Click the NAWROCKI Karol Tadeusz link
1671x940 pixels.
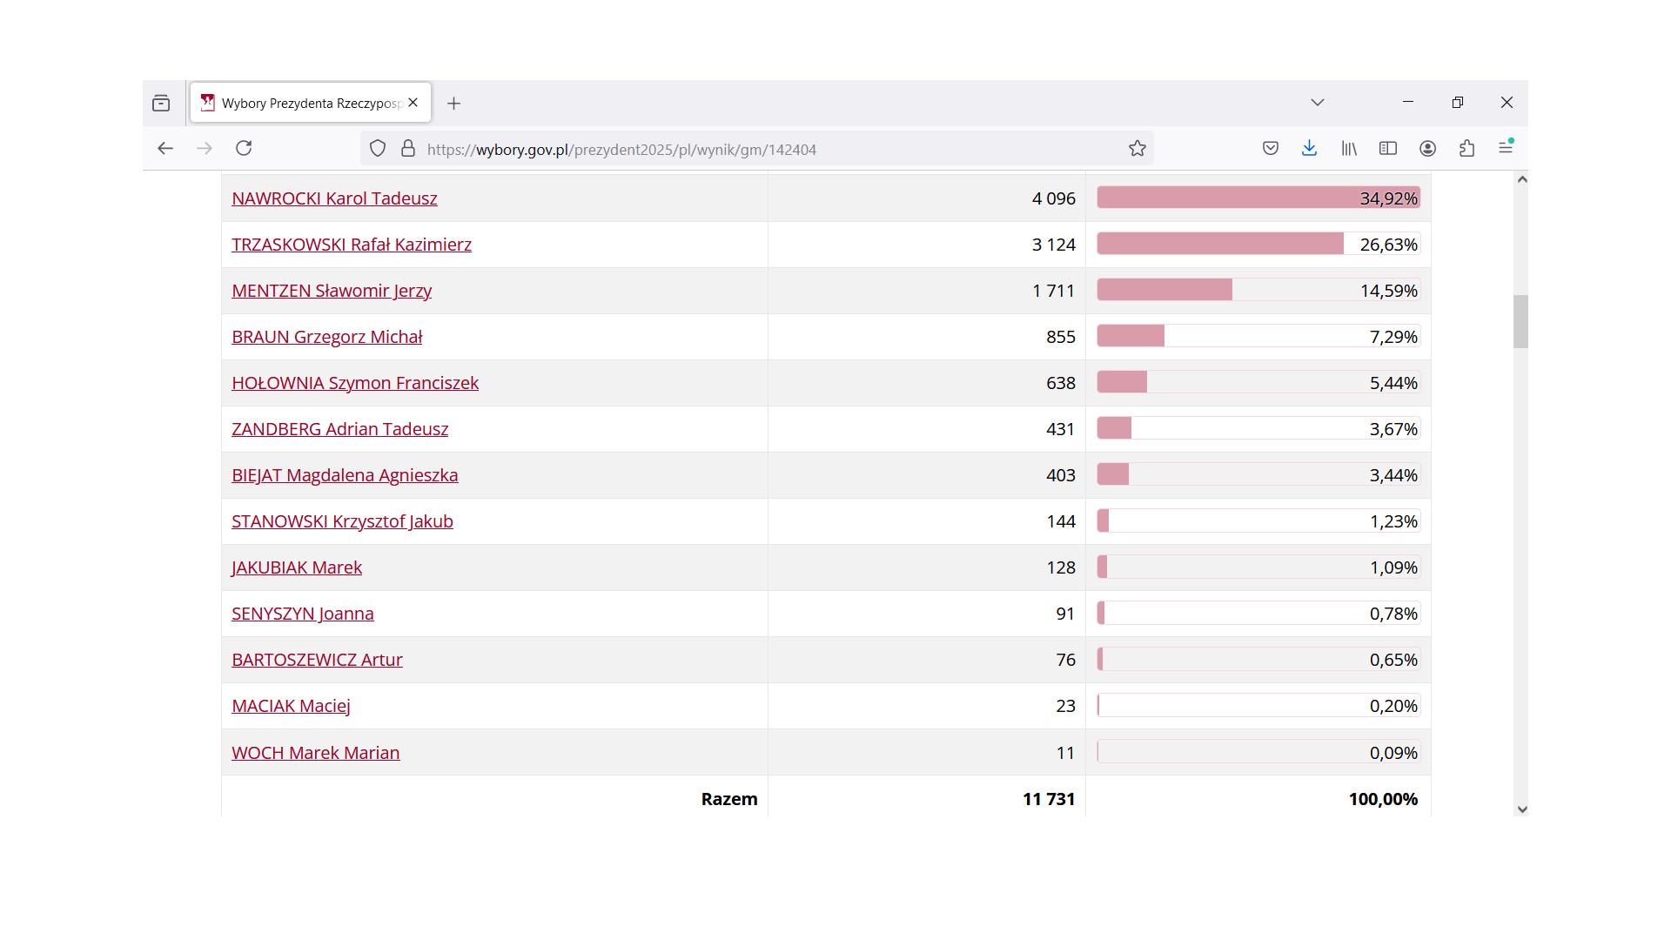coord(334,198)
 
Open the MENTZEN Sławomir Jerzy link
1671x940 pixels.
coord(331,291)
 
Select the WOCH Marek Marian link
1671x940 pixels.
coord(315,753)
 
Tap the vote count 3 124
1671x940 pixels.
coord(1053,245)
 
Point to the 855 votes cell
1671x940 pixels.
coord(1060,337)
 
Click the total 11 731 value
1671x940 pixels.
coord(1048,799)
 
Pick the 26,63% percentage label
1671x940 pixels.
coord(1388,245)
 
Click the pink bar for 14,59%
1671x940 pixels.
coord(1164,290)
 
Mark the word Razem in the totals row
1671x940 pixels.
coord(729,799)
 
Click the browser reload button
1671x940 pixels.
coord(244,148)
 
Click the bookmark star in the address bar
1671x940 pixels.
coord(1137,149)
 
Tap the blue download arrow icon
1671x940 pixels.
coord(1309,148)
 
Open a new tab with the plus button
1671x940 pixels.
coord(453,104)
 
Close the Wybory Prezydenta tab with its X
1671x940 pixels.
coord(413,103)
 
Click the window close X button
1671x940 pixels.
coord(1507,103)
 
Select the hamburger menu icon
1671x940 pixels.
coord(1506,148)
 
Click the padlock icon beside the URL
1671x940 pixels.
coord(408,149)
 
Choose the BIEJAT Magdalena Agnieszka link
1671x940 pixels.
coord(345,475)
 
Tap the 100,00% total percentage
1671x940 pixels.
coord(1382,799)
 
